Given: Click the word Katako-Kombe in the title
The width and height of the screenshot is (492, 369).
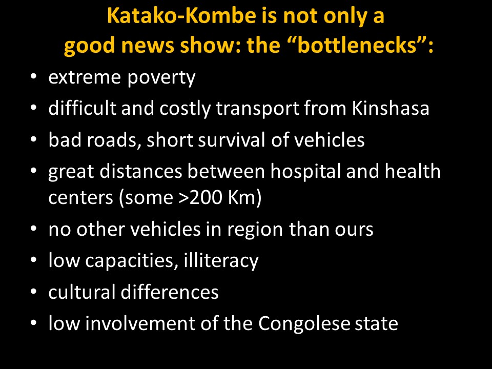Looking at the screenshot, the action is (x=181, y=16).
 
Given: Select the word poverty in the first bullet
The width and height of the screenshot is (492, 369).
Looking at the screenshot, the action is (x=161, y=78).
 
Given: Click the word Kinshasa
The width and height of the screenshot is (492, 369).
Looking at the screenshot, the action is (x=391, y=108).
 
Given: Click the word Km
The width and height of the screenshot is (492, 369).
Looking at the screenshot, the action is (x=244, y=198).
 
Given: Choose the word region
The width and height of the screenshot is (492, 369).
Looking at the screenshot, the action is (x=255, y=230).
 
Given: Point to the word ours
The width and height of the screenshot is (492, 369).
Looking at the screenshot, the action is (x=354, y=230).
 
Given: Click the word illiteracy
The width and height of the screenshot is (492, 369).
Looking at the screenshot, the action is (x=221, y=261).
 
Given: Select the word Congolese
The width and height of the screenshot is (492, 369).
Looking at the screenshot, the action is (x=304, y=324).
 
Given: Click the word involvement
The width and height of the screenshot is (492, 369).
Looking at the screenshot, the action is (x=140, y=323).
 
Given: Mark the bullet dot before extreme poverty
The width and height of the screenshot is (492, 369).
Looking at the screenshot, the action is (x=34, y=76).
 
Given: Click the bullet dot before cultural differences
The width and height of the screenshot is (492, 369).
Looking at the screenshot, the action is (x=34, y=292).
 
